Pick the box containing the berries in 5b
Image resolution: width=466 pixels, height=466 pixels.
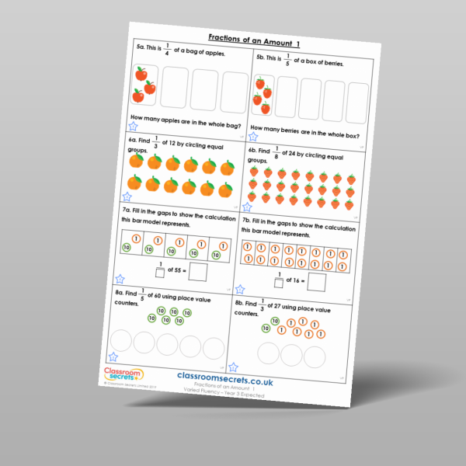[x=263, y=97]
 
